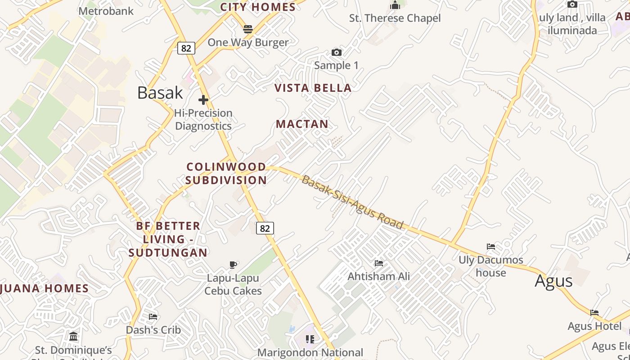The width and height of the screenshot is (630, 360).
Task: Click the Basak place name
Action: click(x=160, y=93)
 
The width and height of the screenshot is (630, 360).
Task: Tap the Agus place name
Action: click(x=553, y=281)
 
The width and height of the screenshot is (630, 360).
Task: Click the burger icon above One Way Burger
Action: click(x=248, y=30)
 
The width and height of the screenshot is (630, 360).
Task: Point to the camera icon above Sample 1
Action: click(x=336, y=53)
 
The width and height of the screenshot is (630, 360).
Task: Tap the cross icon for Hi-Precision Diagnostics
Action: click(x=203, y=99)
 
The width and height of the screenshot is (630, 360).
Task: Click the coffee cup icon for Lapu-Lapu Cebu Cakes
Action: click(x=233, y=265)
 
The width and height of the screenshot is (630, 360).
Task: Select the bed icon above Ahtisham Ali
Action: click(x=379, y=263)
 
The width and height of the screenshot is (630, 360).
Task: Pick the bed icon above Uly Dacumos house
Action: click(x=490, y=247)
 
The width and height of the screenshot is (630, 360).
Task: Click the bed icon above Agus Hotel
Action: click(x=594, y=313)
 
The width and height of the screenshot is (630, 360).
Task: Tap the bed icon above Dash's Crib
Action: click(x=153, y=316)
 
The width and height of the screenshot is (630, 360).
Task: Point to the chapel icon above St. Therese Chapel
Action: click(x=395, y=5)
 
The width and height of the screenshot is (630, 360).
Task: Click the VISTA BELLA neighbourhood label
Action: click(x=313, y=88)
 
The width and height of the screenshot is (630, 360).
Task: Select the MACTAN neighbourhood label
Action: click(x=302, y=124)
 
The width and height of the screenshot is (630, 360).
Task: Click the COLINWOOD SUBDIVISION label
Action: click(x=226, y=173)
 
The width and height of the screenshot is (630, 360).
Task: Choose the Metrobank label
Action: click(x=106, y=11)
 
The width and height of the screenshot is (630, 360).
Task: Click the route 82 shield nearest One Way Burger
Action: click(x=186, y=48)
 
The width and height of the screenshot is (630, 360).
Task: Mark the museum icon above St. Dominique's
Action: click(x=73, y=336)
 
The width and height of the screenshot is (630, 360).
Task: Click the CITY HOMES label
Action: click(x=258, y=7)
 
